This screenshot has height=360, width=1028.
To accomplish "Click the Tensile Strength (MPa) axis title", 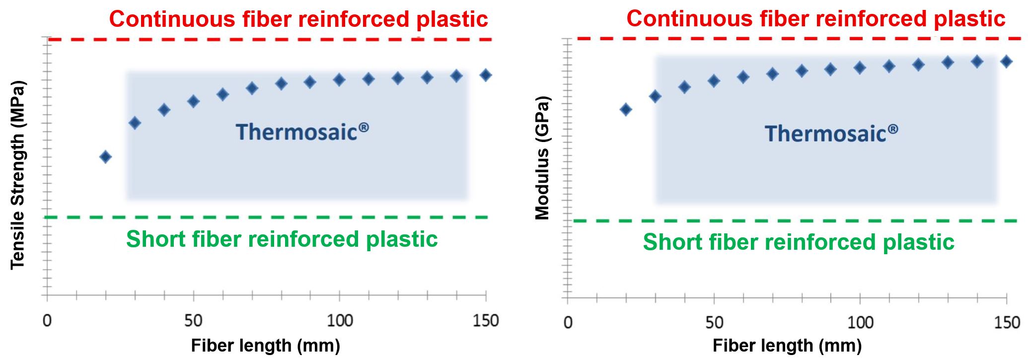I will click(17, 175).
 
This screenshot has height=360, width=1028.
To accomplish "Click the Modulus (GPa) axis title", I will click(542, 158).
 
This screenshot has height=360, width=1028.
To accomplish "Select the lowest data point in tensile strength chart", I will click(105, 157).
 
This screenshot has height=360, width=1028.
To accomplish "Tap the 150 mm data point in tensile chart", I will click(486, 75).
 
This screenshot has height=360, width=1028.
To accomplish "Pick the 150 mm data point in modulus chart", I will click(1006, 62).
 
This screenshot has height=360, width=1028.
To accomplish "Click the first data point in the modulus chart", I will click(626, 109).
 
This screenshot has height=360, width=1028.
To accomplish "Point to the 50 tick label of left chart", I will click(193, 321).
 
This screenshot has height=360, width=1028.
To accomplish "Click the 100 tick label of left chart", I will click(340, 321).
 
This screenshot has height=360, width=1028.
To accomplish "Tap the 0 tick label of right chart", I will click(568, 323).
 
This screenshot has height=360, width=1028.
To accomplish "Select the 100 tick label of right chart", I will click(860, 323).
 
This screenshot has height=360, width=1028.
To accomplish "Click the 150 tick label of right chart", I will click(1007, 323).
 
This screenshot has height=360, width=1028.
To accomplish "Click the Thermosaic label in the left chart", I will click(302, 132).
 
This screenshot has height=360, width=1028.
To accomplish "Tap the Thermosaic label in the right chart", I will click(831, 134).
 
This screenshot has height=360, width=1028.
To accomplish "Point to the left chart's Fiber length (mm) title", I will click(265, 346).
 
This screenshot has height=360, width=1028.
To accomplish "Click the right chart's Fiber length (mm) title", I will click(787, 346).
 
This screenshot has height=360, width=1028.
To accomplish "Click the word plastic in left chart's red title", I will click(452, 19).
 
